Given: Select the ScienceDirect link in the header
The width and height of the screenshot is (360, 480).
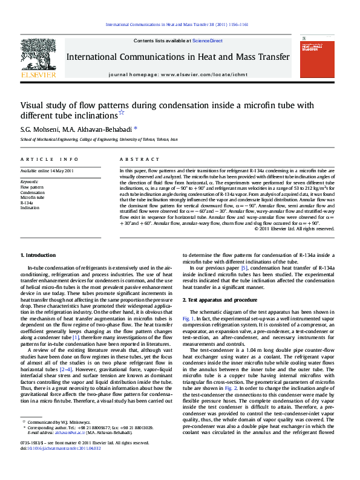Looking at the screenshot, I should (208, 41).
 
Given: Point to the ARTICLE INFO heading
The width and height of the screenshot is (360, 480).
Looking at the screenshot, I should (50, 159).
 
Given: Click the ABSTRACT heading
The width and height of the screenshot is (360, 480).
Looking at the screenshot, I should (135, 159).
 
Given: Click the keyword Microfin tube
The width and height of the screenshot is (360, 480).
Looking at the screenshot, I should (32, 197).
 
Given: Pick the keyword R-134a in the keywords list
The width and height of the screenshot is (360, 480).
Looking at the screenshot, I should (27, 202).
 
